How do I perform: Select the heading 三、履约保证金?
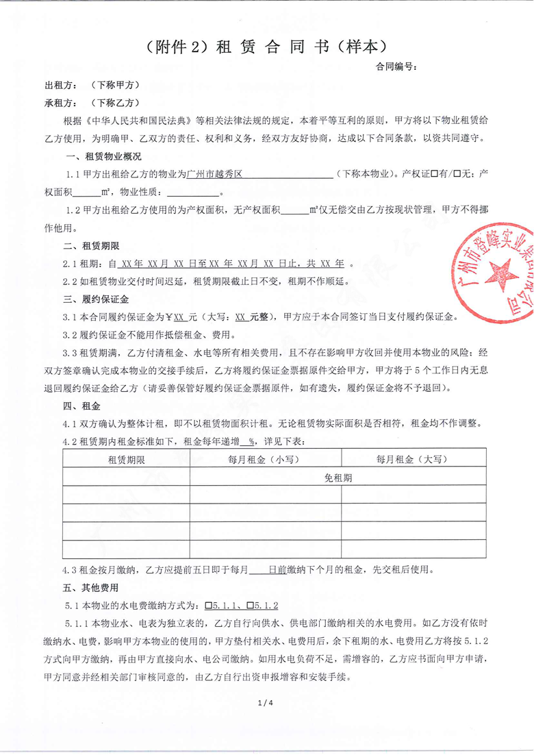(x=89, y=299)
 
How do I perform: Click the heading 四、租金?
(x=76, y=406)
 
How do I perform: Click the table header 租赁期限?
(x=126, y=459)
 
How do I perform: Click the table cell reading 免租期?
(x=338, y=478)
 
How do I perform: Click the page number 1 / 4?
(x=266, y=704)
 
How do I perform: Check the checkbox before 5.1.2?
(x=251, y=606)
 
